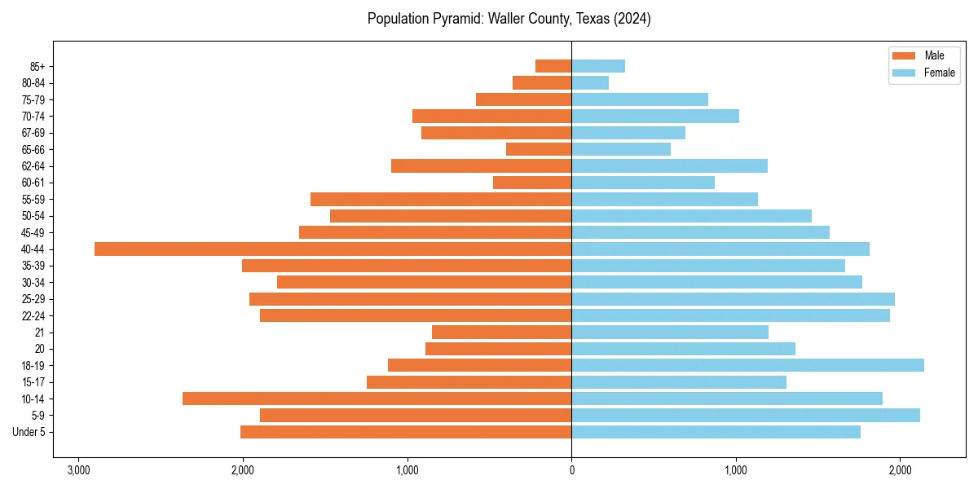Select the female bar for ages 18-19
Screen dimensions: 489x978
tap(747, 365)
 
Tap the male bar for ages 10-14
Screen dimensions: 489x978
tap(377, 399)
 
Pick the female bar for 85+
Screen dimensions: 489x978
tap(598, 66)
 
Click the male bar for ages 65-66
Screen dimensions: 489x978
tap(539, 149)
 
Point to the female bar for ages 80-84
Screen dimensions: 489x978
tap(590, 82)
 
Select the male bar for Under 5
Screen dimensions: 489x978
tap(406, 432)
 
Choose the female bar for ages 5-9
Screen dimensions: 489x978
tap(746, 415)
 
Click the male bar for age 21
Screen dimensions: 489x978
tap(501, 332)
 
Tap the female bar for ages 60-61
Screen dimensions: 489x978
tap(643, 183)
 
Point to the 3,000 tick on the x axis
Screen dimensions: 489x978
tap(79, 470)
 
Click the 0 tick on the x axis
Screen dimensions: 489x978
tap(571, 470)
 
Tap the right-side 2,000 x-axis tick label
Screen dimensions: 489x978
tap(900, 470)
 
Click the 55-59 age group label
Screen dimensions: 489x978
tap(33, 199)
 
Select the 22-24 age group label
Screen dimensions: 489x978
tap(33, 315)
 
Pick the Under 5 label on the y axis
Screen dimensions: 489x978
tap(29, 432)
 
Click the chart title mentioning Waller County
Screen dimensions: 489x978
tap(509, 19)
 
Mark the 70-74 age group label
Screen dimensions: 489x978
tap(33, 116)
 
